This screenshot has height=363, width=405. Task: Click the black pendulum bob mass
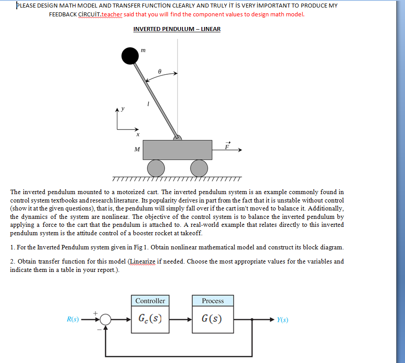130,56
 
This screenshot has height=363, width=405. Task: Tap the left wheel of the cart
155,168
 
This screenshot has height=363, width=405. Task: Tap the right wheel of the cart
199,168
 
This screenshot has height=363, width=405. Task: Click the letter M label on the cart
137,149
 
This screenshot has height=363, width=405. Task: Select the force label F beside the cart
227,146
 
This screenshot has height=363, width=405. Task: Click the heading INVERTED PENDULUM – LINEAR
177,29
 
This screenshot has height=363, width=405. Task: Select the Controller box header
150,301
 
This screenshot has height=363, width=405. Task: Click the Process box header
213,301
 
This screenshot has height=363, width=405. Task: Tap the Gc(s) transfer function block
150,318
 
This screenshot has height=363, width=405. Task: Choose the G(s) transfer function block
213,318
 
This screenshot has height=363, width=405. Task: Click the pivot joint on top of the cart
177,138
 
